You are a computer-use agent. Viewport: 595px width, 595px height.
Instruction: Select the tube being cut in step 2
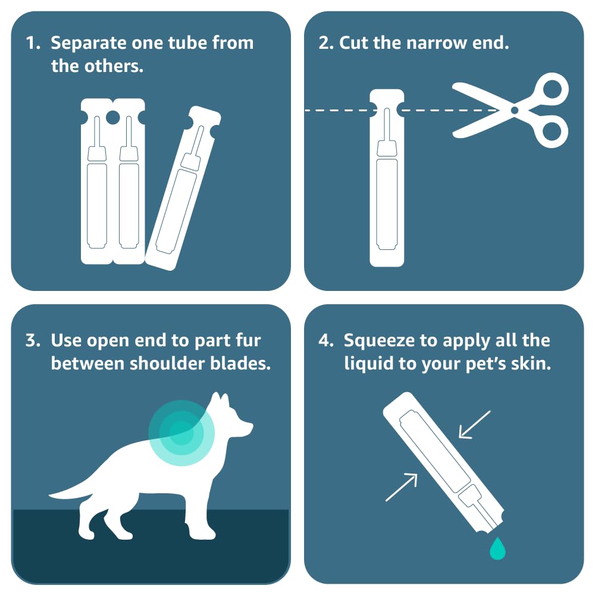pyautogui.click(x=387, y=178)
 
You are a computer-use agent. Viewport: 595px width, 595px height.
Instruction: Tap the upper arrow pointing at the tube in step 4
pyautogui.click(x=475, y=425)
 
